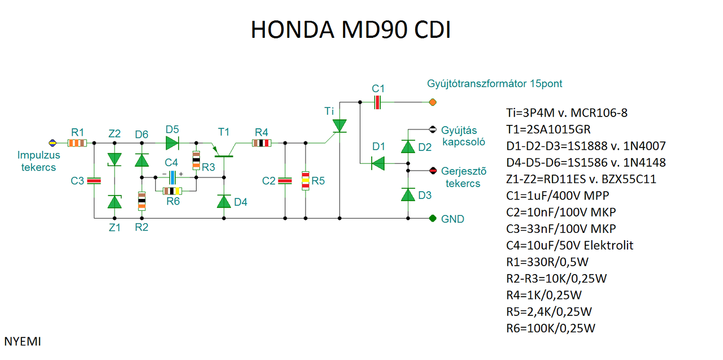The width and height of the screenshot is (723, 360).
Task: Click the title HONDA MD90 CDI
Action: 350,31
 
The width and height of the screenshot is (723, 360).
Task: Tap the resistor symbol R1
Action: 77,143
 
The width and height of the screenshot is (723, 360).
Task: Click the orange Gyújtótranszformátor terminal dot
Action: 433,102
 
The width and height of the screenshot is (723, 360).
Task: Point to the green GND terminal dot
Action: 433,218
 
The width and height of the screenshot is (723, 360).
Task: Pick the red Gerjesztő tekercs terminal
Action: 433,170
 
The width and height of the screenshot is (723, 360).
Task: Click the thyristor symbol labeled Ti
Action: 339,125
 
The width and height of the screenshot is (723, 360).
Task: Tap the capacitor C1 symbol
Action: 378,102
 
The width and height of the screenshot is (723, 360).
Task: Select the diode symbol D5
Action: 172,143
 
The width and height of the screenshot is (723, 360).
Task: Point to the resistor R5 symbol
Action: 306,180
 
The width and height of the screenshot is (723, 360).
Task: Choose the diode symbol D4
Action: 224,201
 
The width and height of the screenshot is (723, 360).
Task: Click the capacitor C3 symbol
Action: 94,181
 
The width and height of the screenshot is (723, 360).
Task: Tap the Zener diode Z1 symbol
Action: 115,201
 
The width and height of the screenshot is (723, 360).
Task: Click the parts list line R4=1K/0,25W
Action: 544,295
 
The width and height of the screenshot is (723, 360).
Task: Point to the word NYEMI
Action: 23,341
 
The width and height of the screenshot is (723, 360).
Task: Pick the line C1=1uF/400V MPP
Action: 558,196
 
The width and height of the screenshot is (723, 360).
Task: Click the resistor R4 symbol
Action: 261,143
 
